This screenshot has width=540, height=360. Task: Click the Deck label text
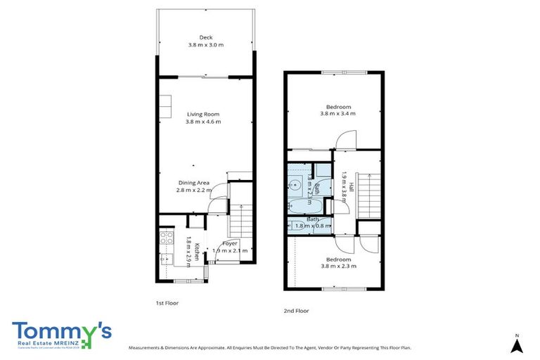tap(205, 38)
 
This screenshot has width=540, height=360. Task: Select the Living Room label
tap(203, 114)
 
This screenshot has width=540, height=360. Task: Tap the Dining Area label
tap(193, 183)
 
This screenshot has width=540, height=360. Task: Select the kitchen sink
tap(167, 259)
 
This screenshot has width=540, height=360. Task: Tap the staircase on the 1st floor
tap(240, 220)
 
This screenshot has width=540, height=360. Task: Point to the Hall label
tap(351, 187)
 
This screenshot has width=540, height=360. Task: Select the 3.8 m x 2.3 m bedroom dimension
tap(338, 266)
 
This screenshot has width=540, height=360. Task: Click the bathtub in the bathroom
tap(305, 206)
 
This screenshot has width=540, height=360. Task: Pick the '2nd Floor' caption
tap(296, 310)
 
